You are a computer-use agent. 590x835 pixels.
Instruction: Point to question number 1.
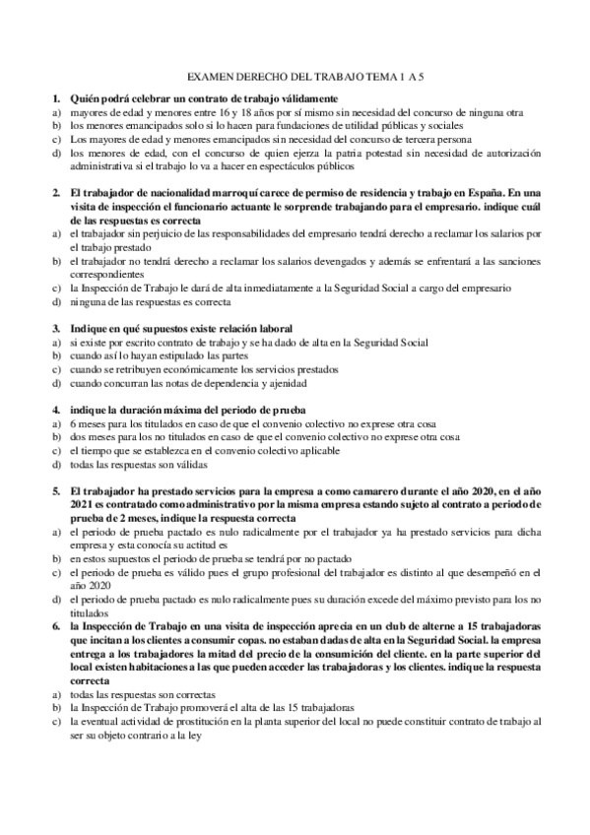point(55,99)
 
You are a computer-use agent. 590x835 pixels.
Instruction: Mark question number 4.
point(55,410)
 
